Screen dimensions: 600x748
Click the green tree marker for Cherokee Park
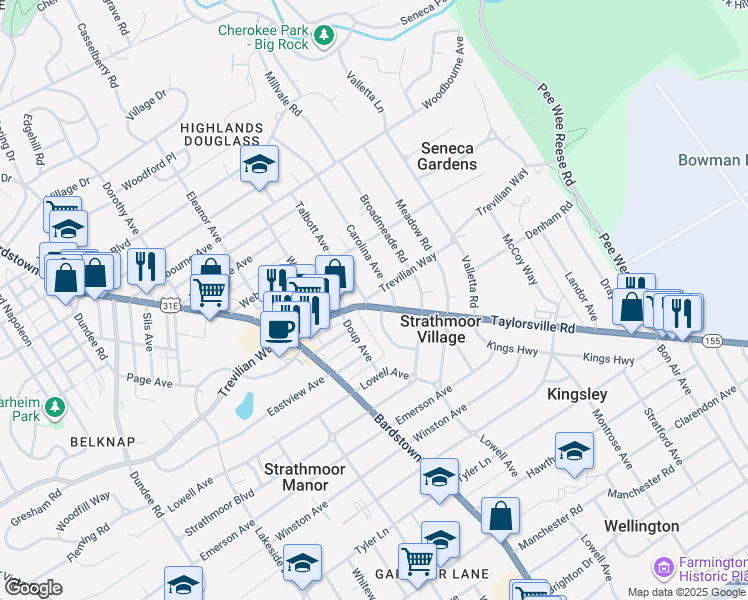pyautogui.click(x=323, y=36)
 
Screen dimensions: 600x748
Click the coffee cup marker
pyautogui.click(x=279, y=330)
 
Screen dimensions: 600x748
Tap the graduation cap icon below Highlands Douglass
pyautogui.click(x=259, y=165)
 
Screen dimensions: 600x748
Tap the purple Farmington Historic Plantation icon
pyautogui.click(x=662, y=568)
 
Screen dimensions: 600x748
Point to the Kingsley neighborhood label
pyautogui.click(x=577, y=395)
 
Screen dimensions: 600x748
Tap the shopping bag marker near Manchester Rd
pyautogui.click(x=500, y=516)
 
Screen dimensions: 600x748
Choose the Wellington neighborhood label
pyautogui.click(x=641, y=526)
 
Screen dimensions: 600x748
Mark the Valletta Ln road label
pyautogui.click(x=365, y=92)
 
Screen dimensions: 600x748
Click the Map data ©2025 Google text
pyautogui.click(x=687, y=592)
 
